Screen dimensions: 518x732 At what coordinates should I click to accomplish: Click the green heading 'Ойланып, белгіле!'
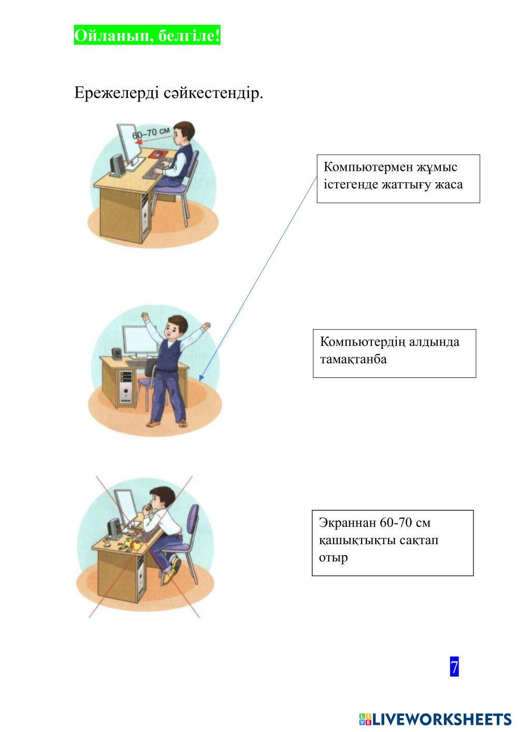tap(147, 35)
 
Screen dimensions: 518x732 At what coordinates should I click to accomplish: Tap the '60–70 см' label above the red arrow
tap(151, 133)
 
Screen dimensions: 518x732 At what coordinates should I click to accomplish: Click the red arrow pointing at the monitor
tap(152, 140)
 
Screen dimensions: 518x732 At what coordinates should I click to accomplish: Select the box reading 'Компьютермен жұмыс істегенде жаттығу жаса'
tap(398, 179)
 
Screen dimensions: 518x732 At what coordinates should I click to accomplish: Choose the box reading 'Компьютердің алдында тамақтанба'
tap(394, 354)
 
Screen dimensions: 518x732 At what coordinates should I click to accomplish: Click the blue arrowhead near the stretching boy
tap(201, 377)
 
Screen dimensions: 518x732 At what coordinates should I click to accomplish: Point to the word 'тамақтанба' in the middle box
tap(353, 360)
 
